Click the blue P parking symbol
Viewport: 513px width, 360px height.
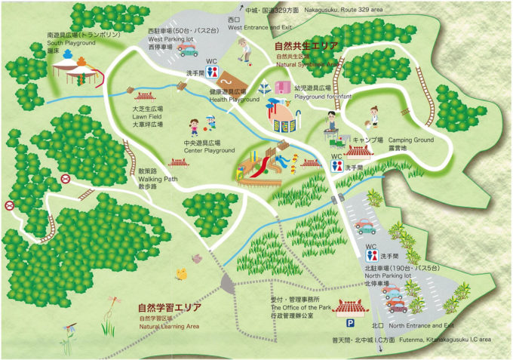[350, 322]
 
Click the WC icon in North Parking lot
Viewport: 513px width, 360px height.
[370, 256]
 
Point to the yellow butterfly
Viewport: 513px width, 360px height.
[181, 274]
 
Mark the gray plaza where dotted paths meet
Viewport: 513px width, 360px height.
[229, 282]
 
